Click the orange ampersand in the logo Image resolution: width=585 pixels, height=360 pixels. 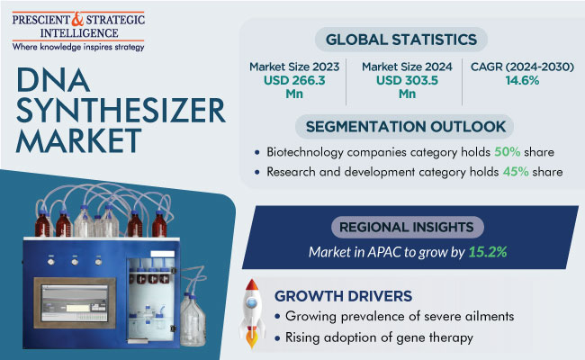(x=77, y=20)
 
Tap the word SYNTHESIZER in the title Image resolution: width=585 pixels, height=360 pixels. (x=121, y=111)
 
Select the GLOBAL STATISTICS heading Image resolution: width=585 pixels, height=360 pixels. (x=401, y=40)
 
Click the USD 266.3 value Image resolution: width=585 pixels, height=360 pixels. (x=294, y=80)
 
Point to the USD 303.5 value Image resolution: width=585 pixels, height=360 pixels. (x=407, y=80)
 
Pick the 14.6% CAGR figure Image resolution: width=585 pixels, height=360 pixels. (x=522, y=80)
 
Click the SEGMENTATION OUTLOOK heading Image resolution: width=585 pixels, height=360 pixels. (x=406, y=127)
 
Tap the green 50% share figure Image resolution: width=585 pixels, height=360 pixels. (x=508, y=152)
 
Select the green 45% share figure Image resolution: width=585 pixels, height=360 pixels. (x=516, y=172)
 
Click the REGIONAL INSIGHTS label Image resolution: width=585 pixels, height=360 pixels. (x=406, y=227)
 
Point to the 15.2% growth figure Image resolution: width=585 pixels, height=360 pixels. (x=488, y=252)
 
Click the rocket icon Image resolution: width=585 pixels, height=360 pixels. (x=252, y=313)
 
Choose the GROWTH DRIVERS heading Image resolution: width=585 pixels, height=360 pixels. (x=343, y=296)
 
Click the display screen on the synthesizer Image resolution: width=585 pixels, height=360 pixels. (x=75, y=303)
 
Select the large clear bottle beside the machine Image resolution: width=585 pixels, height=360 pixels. (x=193, y=320)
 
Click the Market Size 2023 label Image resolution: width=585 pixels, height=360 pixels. (x=294, y=67)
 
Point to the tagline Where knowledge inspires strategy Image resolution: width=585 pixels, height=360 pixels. (x=78, y=47)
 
